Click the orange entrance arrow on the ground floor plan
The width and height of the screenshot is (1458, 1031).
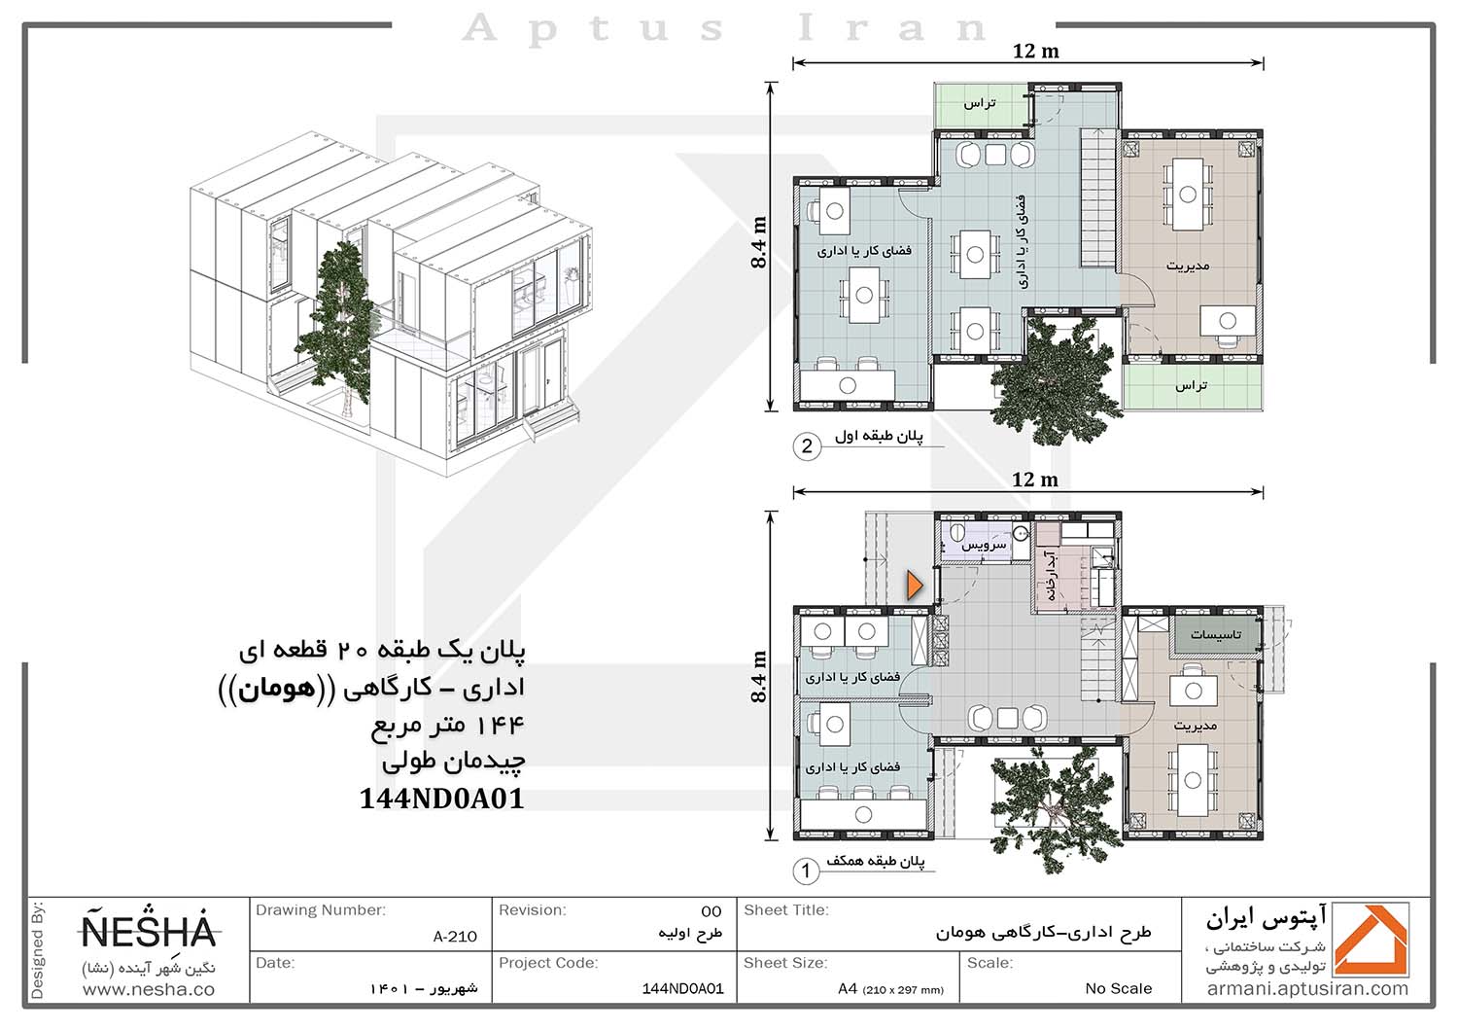pos(914,586)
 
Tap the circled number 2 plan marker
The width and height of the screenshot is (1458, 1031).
pos(807,446)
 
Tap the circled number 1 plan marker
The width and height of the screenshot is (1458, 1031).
pos(806,871)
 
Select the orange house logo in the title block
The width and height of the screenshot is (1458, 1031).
pos(1371,940)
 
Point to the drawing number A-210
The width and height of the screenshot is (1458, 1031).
pos(455,937)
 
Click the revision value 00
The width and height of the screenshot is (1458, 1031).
pos(711,911)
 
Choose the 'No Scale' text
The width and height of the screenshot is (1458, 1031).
pos(1118,988)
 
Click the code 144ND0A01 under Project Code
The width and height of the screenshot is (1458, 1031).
pos(682,988)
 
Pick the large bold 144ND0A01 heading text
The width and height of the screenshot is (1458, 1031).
pos(442,800)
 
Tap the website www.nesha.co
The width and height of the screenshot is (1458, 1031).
pos(149,989)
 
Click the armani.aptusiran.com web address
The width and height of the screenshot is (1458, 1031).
pos(1307,989)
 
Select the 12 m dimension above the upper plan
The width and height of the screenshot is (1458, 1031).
pos(1035,51)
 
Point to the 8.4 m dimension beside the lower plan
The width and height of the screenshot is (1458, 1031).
pos(758,677)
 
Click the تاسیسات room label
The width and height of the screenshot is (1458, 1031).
pos(1216,634)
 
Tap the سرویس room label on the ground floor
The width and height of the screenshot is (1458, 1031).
pos(984,545)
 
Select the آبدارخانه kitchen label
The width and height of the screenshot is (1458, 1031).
pos(1049,575)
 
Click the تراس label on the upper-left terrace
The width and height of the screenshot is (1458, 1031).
pos(980,103)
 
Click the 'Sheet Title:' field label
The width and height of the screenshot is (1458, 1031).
pos(785,909)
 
